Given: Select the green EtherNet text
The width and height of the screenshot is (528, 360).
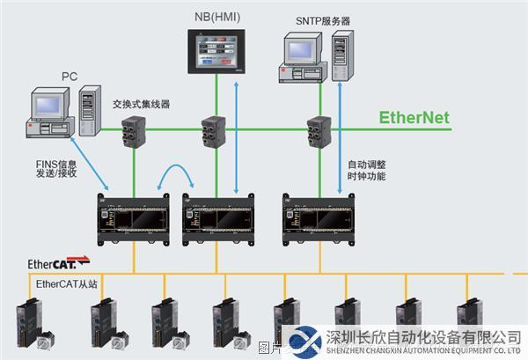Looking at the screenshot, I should pyautogui.click(x=414, y=117).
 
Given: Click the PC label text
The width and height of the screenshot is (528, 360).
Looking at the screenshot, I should pyautogui.click(x=70, y=76).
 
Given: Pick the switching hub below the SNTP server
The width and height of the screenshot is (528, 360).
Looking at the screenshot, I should pyautogui.click(x=318, y=131).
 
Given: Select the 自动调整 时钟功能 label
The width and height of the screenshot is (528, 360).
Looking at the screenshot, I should pyautogui.click(x=367, y=170).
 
